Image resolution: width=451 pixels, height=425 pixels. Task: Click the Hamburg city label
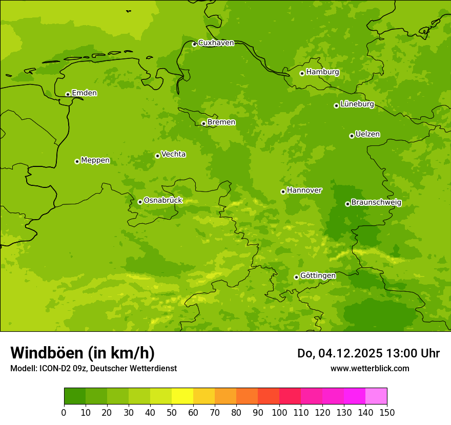(322, 72)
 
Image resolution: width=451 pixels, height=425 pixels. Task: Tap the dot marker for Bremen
(203, 123)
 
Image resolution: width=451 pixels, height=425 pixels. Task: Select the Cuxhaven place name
(216, 43)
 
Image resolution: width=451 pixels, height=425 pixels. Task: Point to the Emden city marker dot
(68, 94)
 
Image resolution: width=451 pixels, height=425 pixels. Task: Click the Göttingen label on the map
(318, 276)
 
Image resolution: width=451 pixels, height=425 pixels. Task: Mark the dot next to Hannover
(283, 192)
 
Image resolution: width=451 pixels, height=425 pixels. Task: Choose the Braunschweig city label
(376, 203)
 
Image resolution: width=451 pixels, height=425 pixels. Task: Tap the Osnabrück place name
(163, 201)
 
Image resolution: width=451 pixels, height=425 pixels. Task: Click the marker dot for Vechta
(157, 156)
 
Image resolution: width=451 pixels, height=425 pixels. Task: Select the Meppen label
(95, 161)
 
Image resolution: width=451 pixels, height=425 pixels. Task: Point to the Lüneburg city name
(357, 104)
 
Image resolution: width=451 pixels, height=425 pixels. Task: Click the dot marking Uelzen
(352, 136)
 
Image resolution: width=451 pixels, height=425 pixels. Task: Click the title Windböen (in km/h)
(83, 353)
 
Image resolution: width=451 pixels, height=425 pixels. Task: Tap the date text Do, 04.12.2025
(339, 353)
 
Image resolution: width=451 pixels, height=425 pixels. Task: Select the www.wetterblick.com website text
(370, 369)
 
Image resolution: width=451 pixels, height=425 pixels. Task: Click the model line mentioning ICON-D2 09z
(93, 369)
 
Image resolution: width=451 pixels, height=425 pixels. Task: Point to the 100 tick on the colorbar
(279, 413)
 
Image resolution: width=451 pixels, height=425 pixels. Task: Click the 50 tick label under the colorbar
(172, 413)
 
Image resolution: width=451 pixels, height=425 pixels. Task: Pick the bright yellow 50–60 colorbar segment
(182, 396)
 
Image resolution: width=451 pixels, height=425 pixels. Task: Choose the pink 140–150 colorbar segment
(376, 396)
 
